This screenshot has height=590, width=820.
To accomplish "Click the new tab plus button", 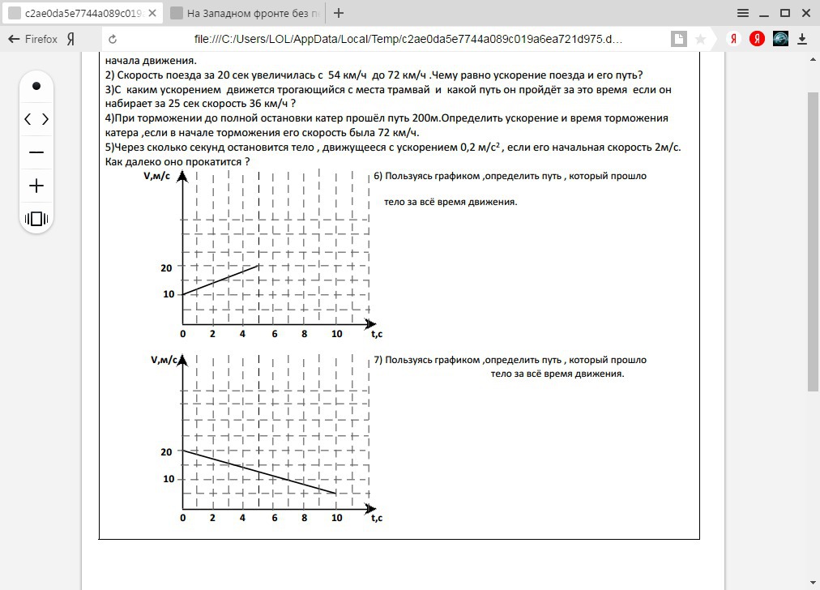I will pyautogui.click(x=339, y=13).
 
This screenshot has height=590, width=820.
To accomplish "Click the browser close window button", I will pyautogui.click(x=806, y=13).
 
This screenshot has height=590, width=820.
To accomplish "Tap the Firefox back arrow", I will pyautogui.click(x=13, y=39).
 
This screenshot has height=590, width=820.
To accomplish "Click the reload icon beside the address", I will pyautogui.click(x=113, y=39).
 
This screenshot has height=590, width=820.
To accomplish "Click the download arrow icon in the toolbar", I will pyautogui.click(x=802, y=39).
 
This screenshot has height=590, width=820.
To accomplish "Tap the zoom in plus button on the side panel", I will pyautogui.click(x=36, y=186).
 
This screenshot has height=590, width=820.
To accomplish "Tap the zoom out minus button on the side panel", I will pyautogui.click(x=36, y=152).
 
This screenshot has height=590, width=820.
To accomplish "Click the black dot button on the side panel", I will pyautogui.click(x=36, y=86).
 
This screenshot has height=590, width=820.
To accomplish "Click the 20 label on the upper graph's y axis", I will pyautogui.click(x=168, y=267).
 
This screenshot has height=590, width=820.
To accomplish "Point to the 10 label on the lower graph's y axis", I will pyautogui.click(x=168, y=479).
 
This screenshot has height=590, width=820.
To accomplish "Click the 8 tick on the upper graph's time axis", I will pyautogui.click(x=305, y=334).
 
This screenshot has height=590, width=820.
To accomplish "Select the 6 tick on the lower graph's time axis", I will pyautogui.click(x=274, y=519).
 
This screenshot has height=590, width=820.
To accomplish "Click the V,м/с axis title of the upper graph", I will pyautogui.click(x=157, y=176).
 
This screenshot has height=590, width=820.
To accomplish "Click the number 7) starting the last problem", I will pyautogui.click(x=378, y=360).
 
